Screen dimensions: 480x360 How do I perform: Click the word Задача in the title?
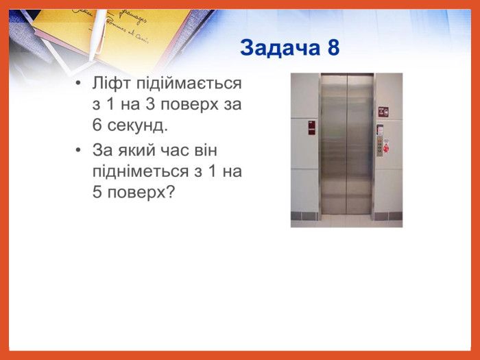click(x=280, y=49)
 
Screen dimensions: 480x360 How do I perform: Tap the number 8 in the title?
click(x=333, y=48)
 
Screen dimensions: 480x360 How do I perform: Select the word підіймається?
click(x=189, y=84)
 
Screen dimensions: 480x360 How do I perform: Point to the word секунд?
click(x=138, y=125)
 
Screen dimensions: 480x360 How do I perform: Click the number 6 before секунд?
click(x=97, y=124)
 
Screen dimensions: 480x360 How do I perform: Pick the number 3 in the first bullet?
click(x=149, y=104)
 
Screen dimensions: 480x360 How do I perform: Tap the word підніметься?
click(x=140, y=171)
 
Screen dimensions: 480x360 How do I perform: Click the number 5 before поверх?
click(x=97, y=191)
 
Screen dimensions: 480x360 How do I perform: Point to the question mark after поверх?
click(x=170, y=191)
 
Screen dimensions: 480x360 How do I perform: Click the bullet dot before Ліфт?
click(x=79, y=83)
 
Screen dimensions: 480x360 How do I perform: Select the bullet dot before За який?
click(x=79, y=149)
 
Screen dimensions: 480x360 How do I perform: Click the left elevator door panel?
click(x=333, y=144)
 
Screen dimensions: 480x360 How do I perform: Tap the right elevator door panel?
click(x=360, y=144)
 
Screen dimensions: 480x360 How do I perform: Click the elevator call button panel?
click(x=380, y=146)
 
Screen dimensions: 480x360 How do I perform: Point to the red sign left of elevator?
click(x=311, y=128)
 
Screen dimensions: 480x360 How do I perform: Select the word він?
click(x=206, y=150)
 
